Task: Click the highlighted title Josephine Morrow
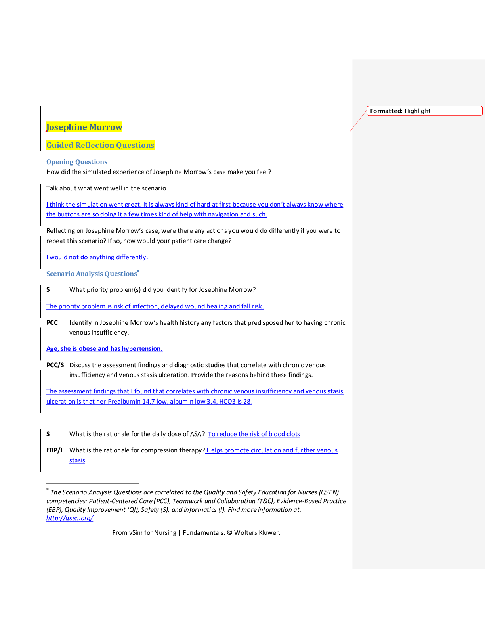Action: coord(84,127)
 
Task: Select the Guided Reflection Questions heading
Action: coord(100,145)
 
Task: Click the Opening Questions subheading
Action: coord(77,162)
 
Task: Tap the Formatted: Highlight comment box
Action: coord(424,111)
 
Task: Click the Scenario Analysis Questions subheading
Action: coord(92,274)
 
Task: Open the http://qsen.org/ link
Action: coord(70,518)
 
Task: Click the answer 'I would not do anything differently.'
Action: coord(97,257)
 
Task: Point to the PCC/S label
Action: coord(55,365)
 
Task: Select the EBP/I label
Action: coord(54,450)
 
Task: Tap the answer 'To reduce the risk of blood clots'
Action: coord(254,434)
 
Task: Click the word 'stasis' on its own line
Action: coord(77,461)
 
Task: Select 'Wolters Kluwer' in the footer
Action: coord(257,533)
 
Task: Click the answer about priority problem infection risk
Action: coord(155,306)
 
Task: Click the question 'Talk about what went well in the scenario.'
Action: coord(107,188)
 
